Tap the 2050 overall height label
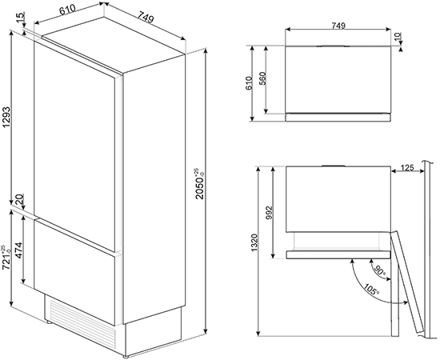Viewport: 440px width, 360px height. click(201, 184)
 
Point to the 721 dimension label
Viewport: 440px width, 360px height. click(6, 258)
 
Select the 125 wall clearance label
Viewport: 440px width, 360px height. click(407, 168)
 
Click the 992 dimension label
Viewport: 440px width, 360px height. click(269, 214)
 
